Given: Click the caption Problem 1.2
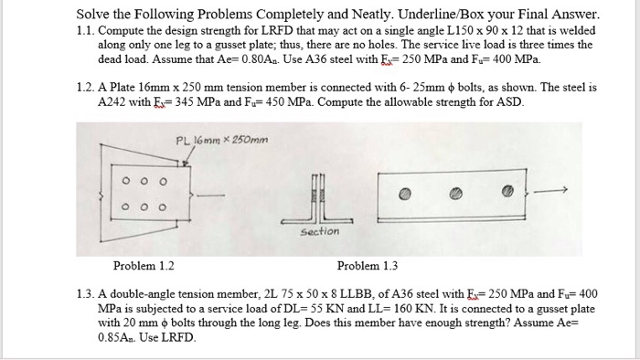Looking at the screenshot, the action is tap(143, 266).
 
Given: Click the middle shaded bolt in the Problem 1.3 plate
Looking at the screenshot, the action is tap(458, 194).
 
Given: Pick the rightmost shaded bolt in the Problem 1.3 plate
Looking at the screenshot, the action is tap(509, 194).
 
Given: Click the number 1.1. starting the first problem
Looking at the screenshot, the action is tap(87, 31).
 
